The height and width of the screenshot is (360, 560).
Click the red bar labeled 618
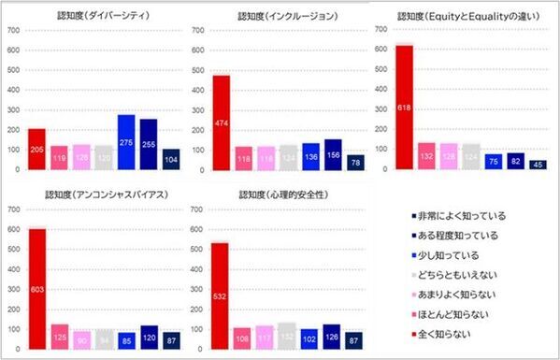404,108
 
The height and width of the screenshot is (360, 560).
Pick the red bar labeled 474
222,122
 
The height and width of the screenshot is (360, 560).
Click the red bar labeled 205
37,149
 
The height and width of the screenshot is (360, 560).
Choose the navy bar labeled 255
149,144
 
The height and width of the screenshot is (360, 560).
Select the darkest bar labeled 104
171,159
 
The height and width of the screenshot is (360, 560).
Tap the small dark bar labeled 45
538,165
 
